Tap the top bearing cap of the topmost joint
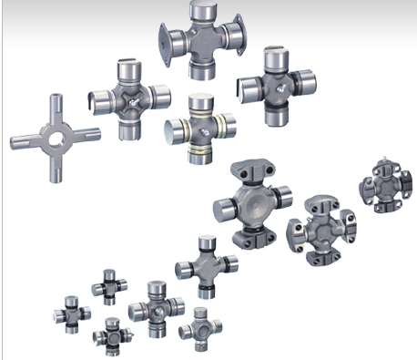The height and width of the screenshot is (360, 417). pyautogui.click(x=200, y=11)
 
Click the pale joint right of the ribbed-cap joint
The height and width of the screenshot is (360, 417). pyautogui.click(x=198, y=325)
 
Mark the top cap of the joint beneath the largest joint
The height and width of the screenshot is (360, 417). pyautogui.click(x=207, y=244)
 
